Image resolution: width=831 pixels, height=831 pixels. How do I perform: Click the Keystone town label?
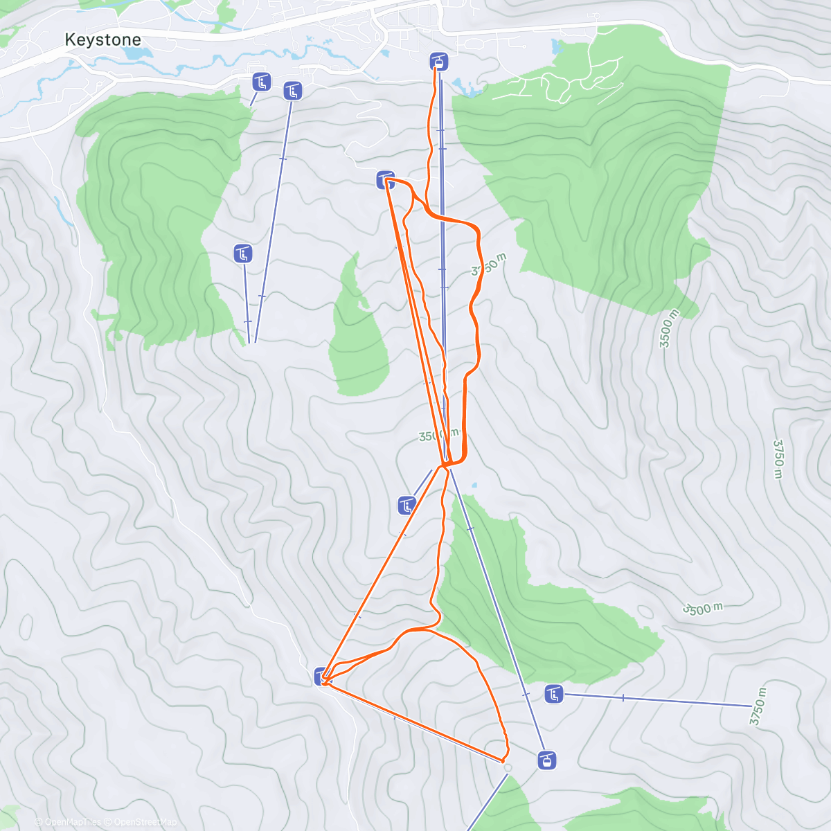click(102, 40)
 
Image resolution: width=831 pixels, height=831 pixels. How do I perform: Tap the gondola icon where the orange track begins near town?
click(438, 62)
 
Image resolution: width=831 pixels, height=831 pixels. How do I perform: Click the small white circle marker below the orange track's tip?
click(508, 767)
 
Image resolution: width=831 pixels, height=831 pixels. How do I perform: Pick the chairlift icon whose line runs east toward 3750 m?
click(553, 693)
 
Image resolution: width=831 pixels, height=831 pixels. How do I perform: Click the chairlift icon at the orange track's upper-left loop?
click(385, 180)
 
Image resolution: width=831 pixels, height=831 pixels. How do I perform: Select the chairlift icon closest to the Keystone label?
click(261, 82)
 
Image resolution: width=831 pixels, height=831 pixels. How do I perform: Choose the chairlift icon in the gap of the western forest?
click(242, 253)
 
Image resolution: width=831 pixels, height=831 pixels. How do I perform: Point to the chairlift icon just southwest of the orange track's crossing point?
click(407, 506)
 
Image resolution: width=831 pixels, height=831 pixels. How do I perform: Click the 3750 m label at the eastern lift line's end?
click(758, 706)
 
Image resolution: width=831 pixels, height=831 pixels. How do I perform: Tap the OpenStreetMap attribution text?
click(144, 822)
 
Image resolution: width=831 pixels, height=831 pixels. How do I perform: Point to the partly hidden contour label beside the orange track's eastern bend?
click(488, 265)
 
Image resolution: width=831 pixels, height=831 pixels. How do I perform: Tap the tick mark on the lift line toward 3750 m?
click(623, 698)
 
